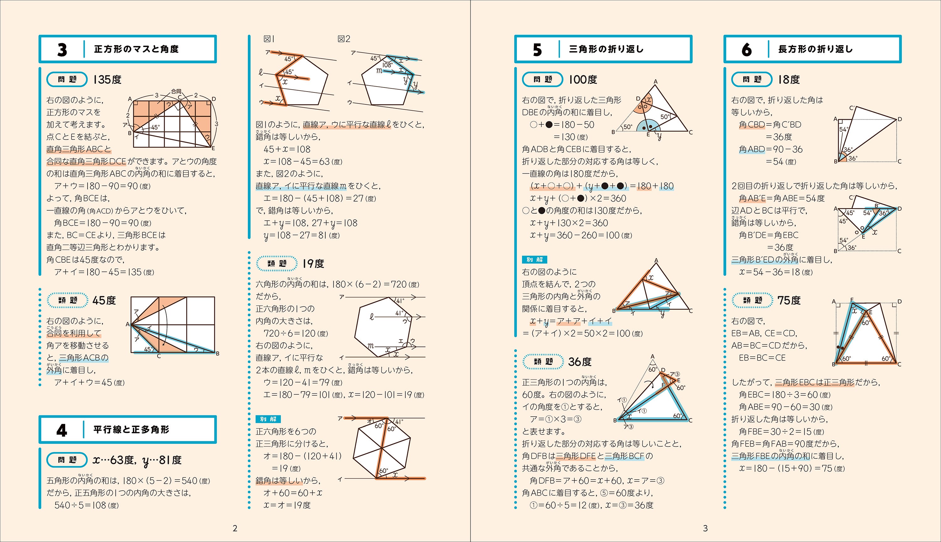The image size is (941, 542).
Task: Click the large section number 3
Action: click(x=62, y=50)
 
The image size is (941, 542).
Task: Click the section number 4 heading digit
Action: click(x=61, y=430)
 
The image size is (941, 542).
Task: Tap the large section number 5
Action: click(x=537, y=50)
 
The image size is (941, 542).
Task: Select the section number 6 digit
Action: click(x=746, y=50)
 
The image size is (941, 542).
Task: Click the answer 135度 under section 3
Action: click(x=107, y=80)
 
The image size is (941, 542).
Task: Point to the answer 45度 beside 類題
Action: click(x=104, y=300)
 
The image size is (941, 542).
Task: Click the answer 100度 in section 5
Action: click(x=583, y=80)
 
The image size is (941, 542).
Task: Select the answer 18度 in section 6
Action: click(x=789, y=80)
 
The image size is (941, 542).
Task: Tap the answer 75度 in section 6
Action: click(x=789, y=300)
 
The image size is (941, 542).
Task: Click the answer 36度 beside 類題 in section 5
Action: click(x=580, y=361)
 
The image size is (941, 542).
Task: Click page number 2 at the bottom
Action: click(x=235, y=528)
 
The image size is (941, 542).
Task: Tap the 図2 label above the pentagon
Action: click(x=344, y=39)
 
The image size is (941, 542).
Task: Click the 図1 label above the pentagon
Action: click(x=268, y=39)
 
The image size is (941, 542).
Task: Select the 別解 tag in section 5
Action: click(x=534, y=260)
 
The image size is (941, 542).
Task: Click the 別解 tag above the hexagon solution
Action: click(x=268, y=419)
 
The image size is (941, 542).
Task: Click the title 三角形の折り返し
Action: click(x=606, y=49)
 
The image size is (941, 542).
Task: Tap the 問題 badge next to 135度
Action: click(x=67, y=79)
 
